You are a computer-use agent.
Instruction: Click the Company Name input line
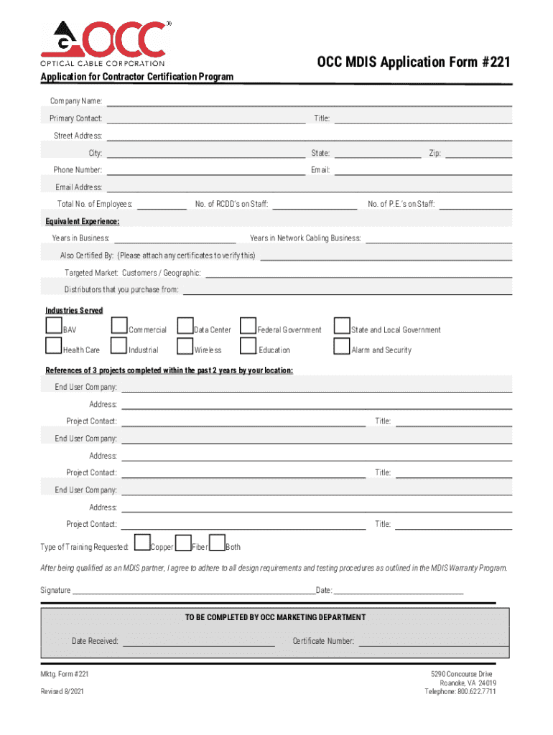309,101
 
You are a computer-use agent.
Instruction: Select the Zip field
479,153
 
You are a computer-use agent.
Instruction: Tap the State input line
378,153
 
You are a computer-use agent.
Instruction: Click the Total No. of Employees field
162,205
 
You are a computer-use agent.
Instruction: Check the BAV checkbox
53,327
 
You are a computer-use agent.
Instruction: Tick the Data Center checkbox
185,327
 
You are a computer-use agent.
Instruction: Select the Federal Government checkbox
248,327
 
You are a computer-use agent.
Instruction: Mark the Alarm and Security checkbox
342,347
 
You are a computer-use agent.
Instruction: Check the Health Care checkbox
53,347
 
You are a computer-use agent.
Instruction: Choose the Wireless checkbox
185,347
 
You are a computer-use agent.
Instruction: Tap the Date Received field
198,641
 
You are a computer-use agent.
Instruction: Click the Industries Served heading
74,310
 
